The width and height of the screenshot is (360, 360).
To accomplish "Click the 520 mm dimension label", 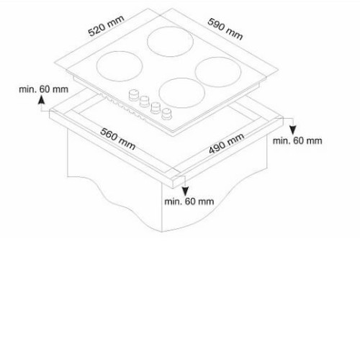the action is point(106,26).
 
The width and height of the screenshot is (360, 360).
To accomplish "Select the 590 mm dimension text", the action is point(225,29).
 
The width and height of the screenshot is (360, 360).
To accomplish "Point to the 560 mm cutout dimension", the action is point(117,139).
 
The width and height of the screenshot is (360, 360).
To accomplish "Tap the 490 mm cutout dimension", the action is point(227,143).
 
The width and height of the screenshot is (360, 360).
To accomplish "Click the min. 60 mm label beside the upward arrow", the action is point(44,89).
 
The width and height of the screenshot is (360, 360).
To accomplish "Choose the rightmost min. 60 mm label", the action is point(297,140).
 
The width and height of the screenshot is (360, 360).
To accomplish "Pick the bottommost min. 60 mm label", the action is point(189,202).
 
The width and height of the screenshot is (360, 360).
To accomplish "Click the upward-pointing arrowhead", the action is point(42,99).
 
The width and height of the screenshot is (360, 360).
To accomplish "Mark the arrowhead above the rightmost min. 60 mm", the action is point(292,130).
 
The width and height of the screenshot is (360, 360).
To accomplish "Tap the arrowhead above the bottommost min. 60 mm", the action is point(185,192).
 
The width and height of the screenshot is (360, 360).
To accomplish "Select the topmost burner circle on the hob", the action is point(170,42).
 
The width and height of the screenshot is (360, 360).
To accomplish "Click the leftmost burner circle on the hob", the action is point(120,66).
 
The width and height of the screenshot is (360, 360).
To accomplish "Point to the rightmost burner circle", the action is point(218,72).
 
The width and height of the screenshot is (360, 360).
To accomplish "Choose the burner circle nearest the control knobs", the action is point(181,93).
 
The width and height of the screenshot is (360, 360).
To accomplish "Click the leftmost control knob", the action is point(134,95).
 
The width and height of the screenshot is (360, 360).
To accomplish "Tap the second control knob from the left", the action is point(145,102).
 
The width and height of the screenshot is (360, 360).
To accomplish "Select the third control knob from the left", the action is point(156,107).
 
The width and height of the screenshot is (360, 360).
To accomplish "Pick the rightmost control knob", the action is point(166,114).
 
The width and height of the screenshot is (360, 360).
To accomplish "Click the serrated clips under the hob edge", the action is point(122,107).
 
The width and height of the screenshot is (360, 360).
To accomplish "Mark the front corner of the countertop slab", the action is point(174,188).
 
